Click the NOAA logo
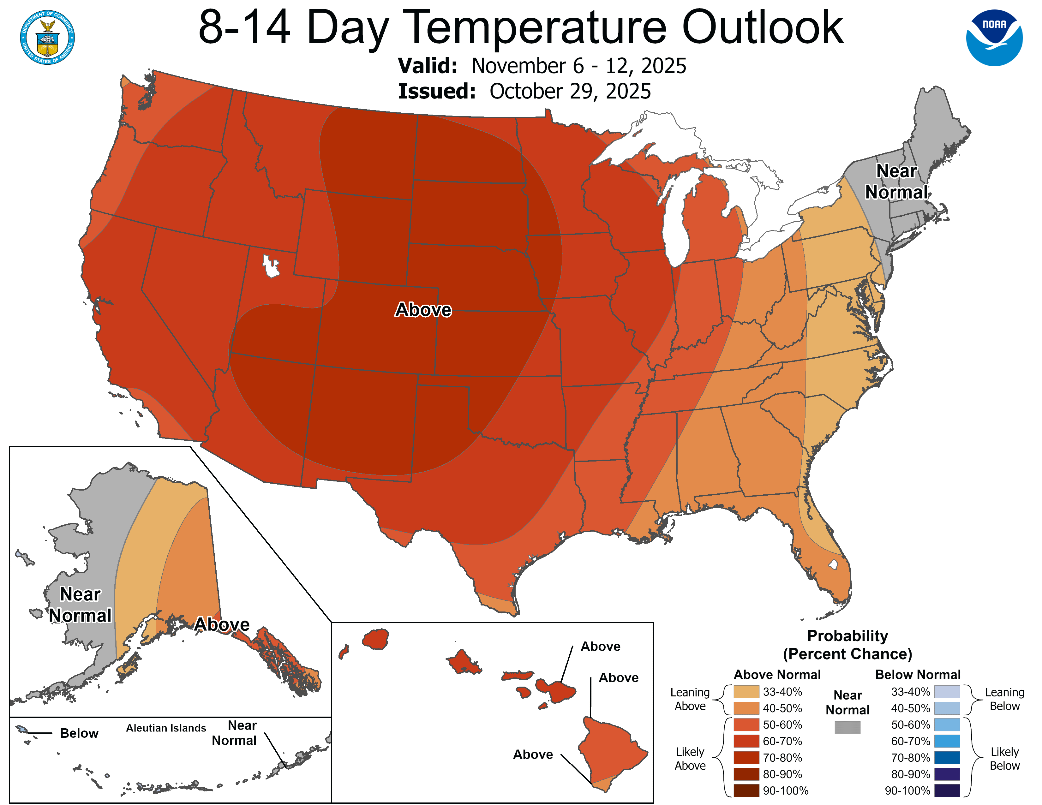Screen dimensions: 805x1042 point(994,38)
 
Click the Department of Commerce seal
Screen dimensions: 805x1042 point(47,37)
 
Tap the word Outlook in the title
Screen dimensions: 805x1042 point(763,28)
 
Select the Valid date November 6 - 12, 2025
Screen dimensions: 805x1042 point(578,66)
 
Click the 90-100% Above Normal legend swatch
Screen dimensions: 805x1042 point(746,791)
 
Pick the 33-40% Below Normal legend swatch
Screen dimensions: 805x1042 point(947,691)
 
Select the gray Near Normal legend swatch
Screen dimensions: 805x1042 point(847,727)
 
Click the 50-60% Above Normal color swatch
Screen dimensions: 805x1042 point(746,725)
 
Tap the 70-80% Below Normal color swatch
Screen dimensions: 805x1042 point(947,758)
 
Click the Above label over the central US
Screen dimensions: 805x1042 point(423,310)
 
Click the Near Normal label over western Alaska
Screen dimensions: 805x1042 point(80,605)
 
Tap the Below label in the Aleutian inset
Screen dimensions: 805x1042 point(79,733)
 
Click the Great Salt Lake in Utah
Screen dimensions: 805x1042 point(271,265)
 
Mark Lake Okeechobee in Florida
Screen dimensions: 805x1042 point(833,565)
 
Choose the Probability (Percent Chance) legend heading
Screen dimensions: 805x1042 point(847,645)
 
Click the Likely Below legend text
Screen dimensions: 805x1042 point(1004,759)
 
